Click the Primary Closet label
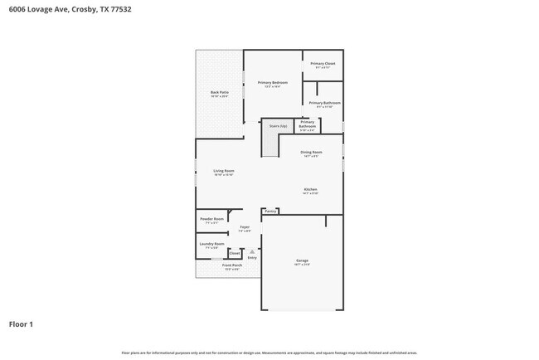click(323, 64)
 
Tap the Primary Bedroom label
click(272, 83)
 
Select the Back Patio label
click(219, 93)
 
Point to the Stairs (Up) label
click(279, 126)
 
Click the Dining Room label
click(311, 153)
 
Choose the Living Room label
click(224, 171)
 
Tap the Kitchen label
click(310, 190)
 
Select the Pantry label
click(270, 212)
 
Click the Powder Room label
click(212, 219)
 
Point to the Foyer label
click(245, 226)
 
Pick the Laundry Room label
click(212, 244)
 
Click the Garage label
click(302, 260)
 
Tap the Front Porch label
click(231, 265)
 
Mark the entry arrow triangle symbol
click(252, 251)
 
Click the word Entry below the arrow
click(252, 257)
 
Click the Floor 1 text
click(21, 324)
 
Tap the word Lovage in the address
click(39, 10)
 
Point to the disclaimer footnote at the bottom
click(269, 353)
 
